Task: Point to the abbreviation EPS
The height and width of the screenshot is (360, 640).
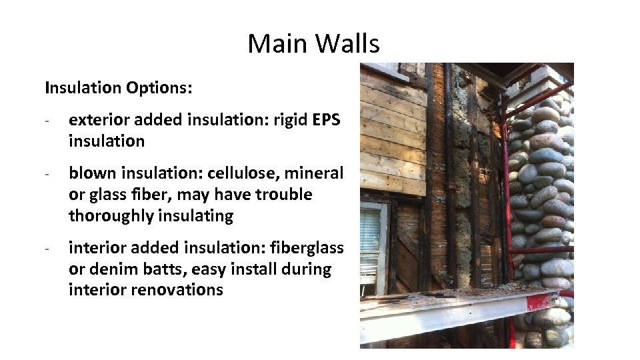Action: pos(326,120)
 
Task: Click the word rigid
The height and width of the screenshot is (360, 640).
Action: pos(291,120)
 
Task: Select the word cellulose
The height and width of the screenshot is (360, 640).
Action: pos(243,173)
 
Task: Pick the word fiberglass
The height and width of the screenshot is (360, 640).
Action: pos(309,248)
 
